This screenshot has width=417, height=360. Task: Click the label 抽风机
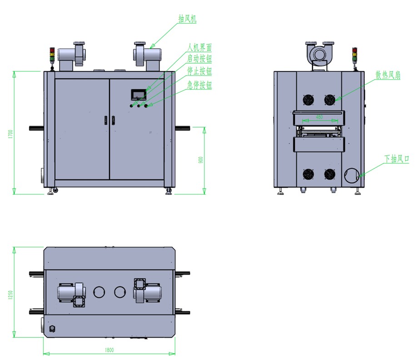(x=187, y=18)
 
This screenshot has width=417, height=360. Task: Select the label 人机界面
(x=199, y=47)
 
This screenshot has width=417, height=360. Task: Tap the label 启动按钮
(x=199, y=59)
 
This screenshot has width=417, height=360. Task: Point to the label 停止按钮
(x=199, y=71)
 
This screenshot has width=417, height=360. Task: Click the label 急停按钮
(x=199, y=85)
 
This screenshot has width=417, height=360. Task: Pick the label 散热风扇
(x=387, y=75)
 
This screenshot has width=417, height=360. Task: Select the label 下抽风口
(x=397, y=159)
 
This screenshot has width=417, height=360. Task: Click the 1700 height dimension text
(x=10, y=134)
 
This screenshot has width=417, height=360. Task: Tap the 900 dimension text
(x=200, y=160)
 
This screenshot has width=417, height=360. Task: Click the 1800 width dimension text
(x=109, y=350)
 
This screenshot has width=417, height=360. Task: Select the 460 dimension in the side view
(x=319, y=117)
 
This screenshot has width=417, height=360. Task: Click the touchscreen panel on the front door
(x=139, y=95)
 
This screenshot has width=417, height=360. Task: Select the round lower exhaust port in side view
(x=352, y=175)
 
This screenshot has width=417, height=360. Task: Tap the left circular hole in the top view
(x=99, y=292)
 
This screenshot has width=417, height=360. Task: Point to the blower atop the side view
(x=320, y=54)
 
